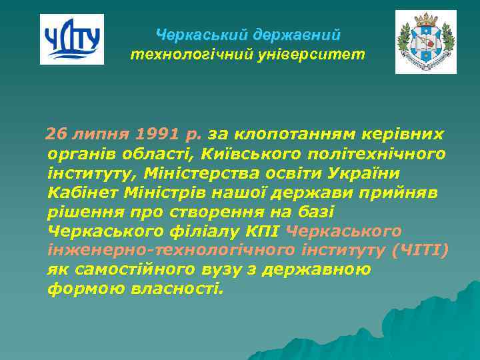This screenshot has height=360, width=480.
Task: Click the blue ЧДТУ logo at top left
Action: [x=72, y=39]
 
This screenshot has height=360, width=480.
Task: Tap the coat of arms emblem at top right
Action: [x=425, y=41]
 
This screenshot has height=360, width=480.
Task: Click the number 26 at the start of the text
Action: [x=56, y=135]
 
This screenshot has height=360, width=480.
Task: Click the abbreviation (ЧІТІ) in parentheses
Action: [x=421, y=251]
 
